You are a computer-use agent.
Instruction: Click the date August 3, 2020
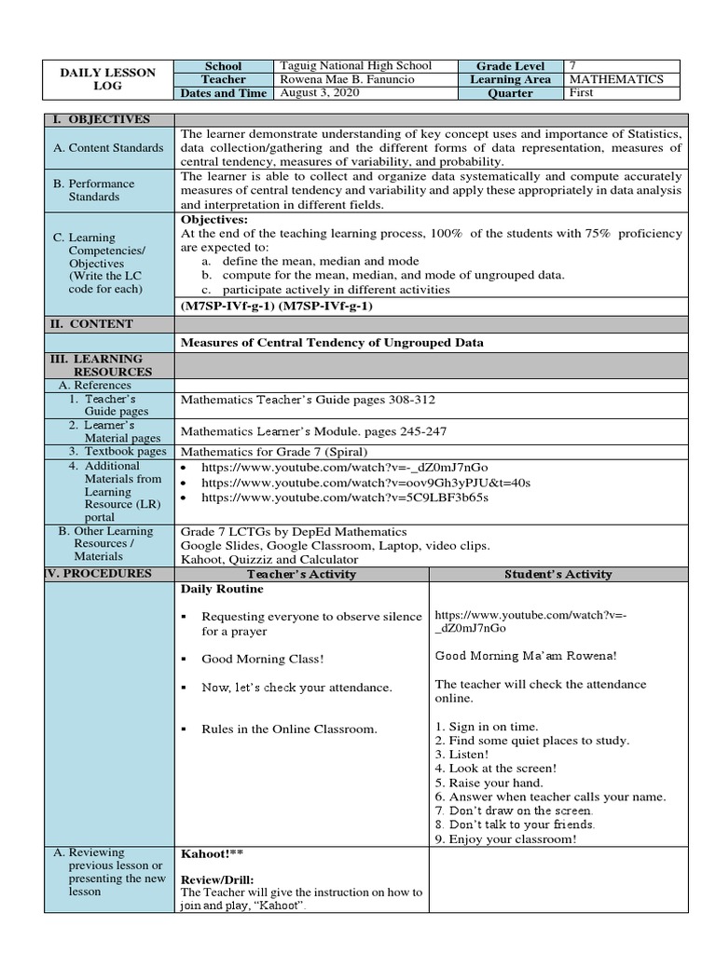[322, 93]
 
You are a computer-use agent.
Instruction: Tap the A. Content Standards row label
[108, 147]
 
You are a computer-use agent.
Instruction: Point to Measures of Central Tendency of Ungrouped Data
[332, 342]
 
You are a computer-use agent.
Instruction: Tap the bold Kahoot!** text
[213, 852]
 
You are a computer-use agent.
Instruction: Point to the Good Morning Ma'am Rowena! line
[525, 655]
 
